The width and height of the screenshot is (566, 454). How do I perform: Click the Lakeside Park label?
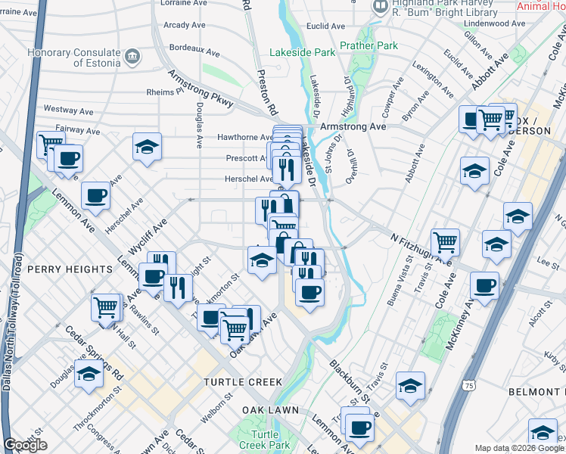coord(303,53)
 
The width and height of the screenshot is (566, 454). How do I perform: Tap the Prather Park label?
coord(369,46)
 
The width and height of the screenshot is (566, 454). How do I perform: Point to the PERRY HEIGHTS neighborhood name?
coord(69,269)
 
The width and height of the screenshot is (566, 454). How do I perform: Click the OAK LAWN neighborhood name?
coord(270,410)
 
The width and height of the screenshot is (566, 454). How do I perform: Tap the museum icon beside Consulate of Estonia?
coord(133,55)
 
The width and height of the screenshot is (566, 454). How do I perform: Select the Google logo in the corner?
coord(25,445)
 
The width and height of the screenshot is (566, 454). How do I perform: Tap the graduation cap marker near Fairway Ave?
coord(148,147)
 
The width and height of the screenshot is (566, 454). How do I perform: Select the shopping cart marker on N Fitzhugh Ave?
coord(446,241)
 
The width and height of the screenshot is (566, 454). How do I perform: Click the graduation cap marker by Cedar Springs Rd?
coord(89,375)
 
